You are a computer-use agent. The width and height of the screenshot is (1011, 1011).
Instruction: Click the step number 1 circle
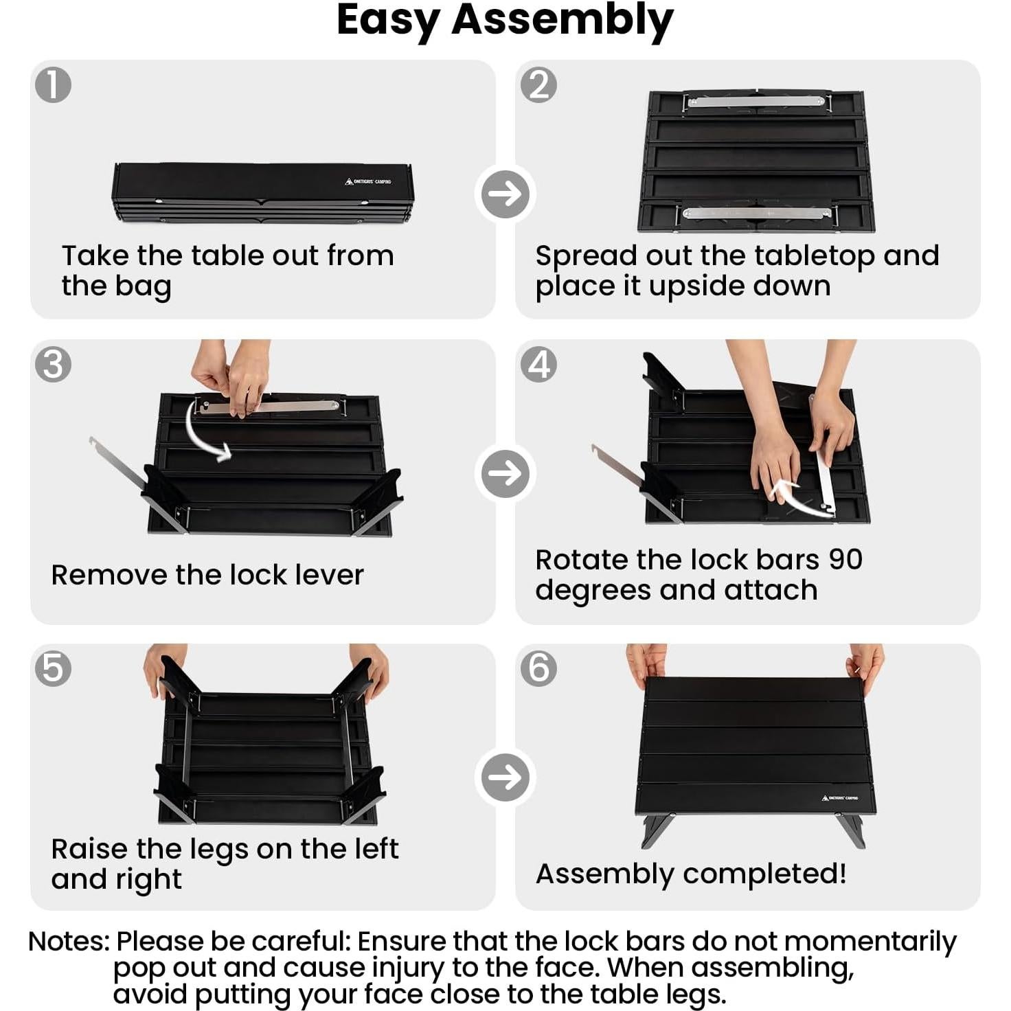[x=53, y=84]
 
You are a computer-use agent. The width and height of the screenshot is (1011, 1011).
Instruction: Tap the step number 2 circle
[x=538, y=84]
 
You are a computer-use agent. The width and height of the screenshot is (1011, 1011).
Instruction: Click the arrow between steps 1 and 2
[x=505, y=194]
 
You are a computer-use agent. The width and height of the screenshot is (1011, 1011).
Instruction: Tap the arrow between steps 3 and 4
[x=505, y=473]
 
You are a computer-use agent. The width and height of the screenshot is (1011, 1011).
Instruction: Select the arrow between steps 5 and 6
[x=505, y=777]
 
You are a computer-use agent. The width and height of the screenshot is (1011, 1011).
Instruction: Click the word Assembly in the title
[x=563, y=21]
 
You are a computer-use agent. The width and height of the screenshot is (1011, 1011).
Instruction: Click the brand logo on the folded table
[x=367, y=181]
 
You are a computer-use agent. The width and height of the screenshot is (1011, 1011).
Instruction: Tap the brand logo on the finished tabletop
[x=839, y=798]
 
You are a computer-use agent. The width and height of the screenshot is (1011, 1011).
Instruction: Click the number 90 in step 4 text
[x=845, y=560]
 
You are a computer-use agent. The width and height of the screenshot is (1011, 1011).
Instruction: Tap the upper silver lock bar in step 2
[x=756, y=101]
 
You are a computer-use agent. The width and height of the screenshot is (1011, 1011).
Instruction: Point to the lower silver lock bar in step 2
[x=756, y=212]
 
